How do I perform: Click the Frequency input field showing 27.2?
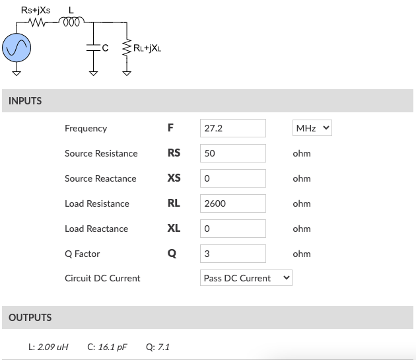(232, 128)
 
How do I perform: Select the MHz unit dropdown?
(312, 128)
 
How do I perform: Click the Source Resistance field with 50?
(232, 153)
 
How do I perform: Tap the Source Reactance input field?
(232, 178)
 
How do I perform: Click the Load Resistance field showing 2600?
(232, 203)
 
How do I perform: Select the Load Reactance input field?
(232, 229)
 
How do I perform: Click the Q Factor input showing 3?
(232, 254)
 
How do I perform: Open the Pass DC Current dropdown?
(246, 278)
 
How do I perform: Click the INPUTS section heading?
(25, 101)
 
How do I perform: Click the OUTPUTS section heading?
(30, 318)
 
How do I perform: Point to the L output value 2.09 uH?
(53, 347)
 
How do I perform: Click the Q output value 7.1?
(162, 347)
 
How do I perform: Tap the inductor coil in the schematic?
(71, 24)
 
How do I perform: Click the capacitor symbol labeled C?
(92, 47)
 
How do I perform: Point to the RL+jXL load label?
(145, 48)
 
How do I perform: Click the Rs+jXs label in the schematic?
(36, 10)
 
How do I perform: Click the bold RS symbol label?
(174, 153)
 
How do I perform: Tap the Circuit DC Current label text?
(102, 278)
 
